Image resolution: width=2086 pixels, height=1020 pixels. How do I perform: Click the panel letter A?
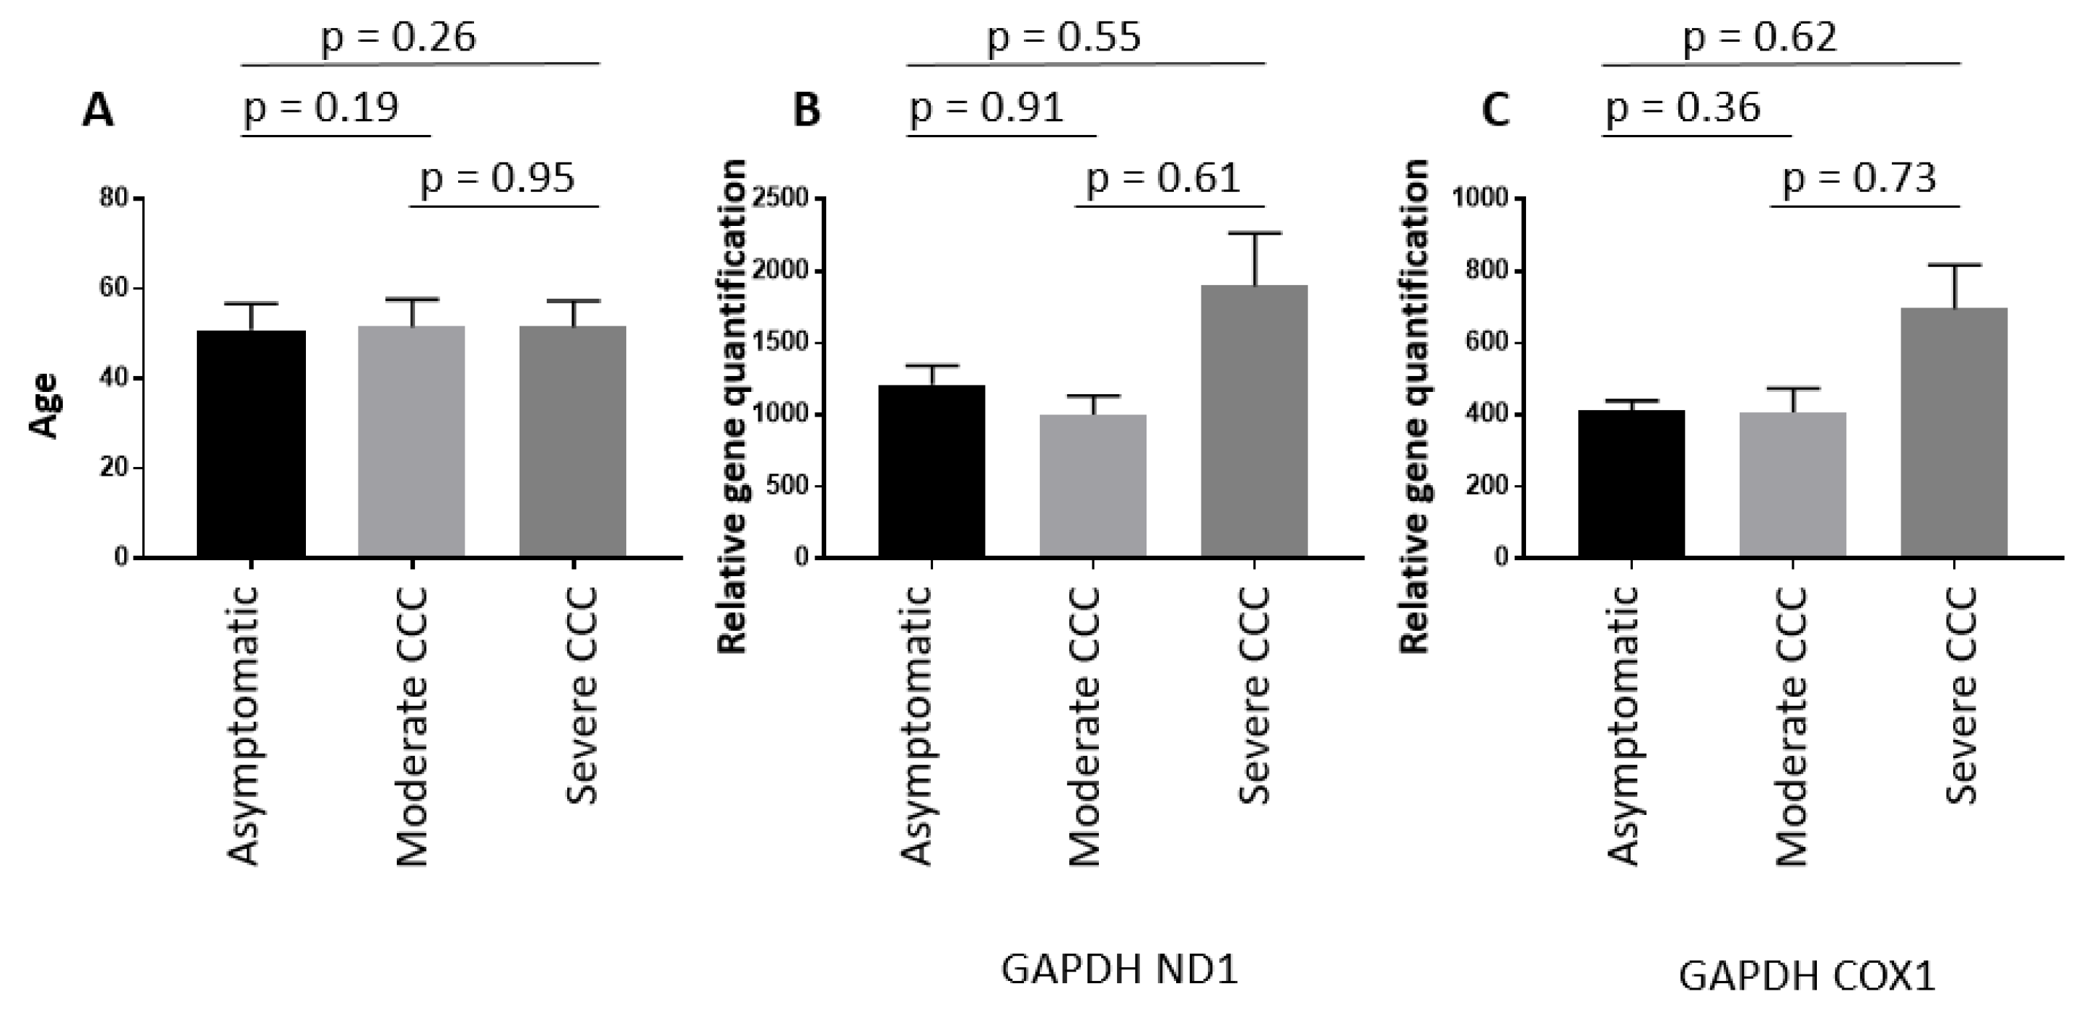[98, 110]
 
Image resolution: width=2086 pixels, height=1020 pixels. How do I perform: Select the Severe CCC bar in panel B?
[1253, 422]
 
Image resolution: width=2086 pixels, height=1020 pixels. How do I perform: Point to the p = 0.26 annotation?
[398, 38]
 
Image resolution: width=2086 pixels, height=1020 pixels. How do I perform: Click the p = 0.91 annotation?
[986, 108]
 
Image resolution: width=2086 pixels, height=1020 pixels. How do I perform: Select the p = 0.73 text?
[1859, 178]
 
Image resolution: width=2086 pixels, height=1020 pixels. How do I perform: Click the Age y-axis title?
[47, 405]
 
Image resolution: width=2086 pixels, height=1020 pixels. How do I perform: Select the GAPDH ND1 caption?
[1120, 969]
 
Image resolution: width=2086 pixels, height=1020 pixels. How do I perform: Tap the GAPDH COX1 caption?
[1807, 977]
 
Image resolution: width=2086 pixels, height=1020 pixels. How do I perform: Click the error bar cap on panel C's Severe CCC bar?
[1954, 265]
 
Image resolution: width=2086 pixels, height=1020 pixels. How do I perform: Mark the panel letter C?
[1495, 110]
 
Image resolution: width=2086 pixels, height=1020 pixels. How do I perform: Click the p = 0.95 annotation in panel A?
[497, 178]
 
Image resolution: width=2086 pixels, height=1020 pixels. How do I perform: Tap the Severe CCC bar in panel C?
[1954, 432]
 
